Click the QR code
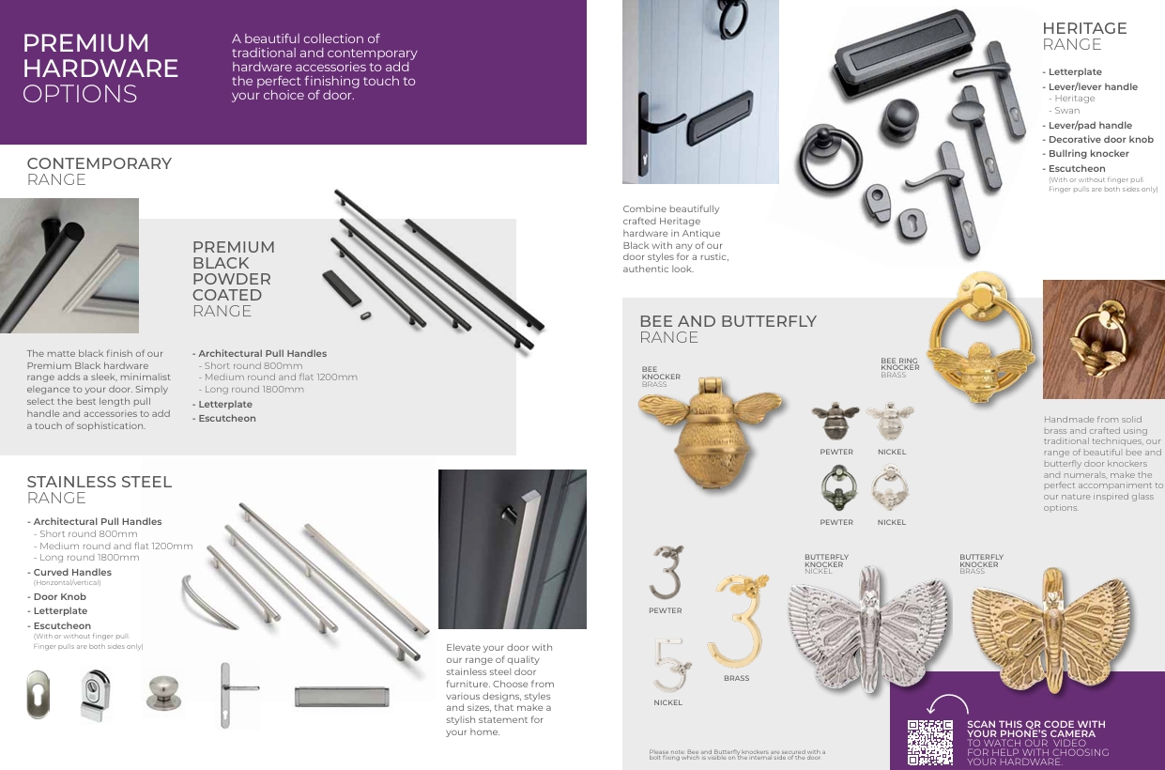(x=929, y=742)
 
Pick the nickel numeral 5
(x=669, y=664)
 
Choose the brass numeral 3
(x=738, y=619)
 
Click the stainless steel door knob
(x=163, y=692)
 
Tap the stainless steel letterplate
(x=341, y=696)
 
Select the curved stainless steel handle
(x=209, y=600)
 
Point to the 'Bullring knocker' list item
(x=1088, y=154)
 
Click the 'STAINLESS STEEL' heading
(x=100, y=482)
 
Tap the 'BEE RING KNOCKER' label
(x=899, y=365)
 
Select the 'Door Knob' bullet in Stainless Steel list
(x=59, y=596)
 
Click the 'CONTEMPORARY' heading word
(x=100, y=163)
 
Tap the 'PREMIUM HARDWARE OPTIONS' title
(x=100, y=69)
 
